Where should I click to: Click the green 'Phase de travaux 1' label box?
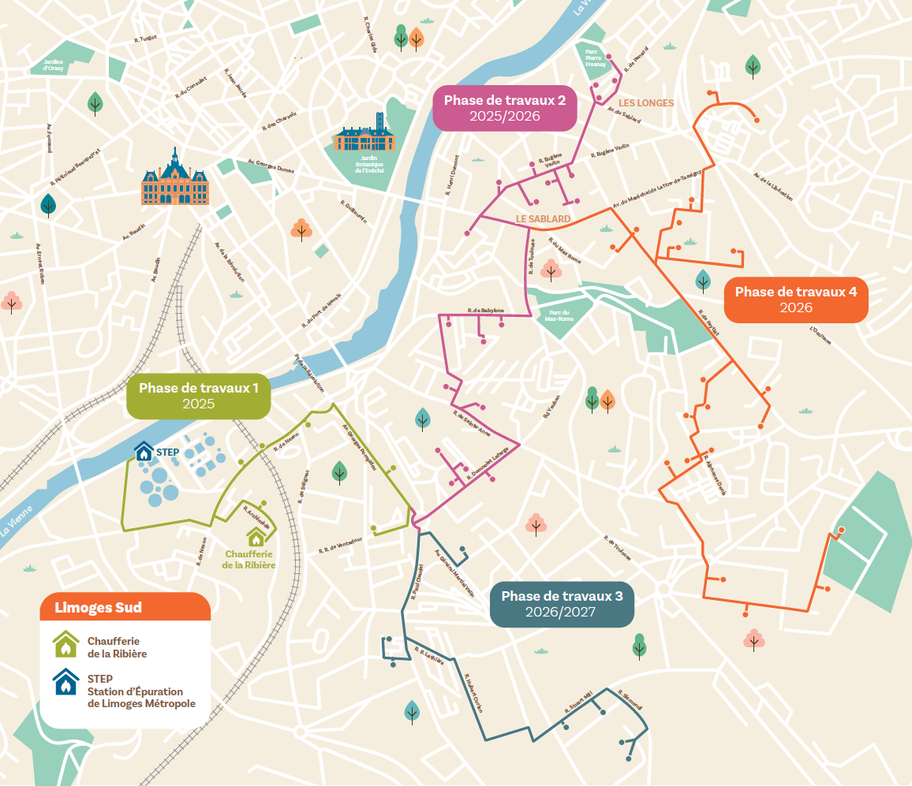click(x=199, y=396)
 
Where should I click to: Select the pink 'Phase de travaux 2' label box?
click(x=505, y=108)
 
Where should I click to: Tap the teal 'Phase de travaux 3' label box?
click(x=562, y=604)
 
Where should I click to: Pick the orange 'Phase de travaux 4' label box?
click(x=796, y=300)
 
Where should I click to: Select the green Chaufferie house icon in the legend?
click(x=66, y=645)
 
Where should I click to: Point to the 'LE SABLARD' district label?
click(x=543, y=218)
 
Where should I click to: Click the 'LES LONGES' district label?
click(x=645, y=103)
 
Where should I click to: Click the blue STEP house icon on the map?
click(x=144, y=451)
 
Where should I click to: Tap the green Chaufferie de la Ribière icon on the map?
click(x=256, y=537)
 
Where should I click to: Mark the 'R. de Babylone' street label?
click(x=485, y=311)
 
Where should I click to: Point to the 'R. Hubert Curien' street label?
click(x=473, y=694)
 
